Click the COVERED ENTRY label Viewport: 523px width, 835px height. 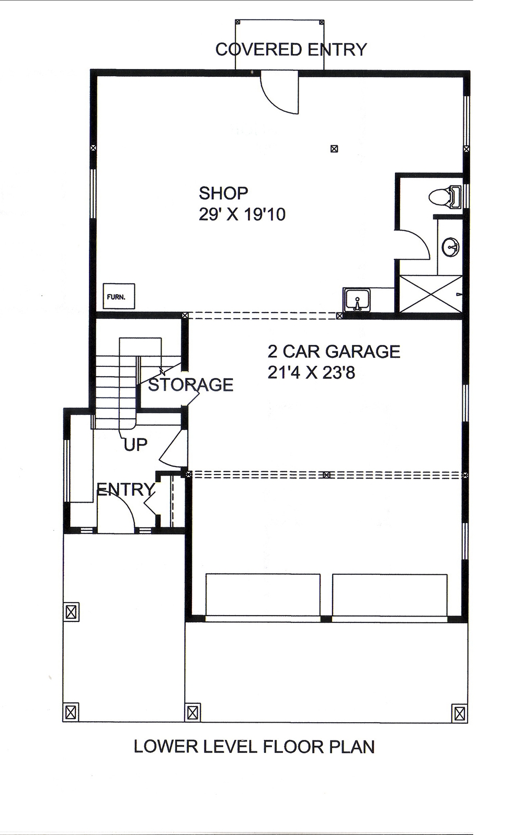(x=291, y=50)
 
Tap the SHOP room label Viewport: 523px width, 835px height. (x=223, y=193)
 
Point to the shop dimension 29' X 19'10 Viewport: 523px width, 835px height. (x=242, y=214)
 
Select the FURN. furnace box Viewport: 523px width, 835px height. (x=119, y=296)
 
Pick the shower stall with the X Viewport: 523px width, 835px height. (x=431, y=294)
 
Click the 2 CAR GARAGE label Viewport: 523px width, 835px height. (x=334, y=351)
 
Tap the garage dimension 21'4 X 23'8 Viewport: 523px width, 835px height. (x=311, y=373)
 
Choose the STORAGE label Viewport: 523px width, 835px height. (x=190, y=385)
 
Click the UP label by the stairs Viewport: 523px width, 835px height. (x=135, y=445)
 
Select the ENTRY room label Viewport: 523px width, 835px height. (x=126, y=490)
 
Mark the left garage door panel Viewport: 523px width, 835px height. (x=263, y=595)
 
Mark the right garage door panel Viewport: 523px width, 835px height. (x=390, y=595)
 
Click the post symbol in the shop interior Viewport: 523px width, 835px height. (x=334, y=149)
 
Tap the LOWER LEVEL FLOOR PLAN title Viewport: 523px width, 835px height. (x=254, y=747)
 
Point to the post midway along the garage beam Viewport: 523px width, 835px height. (x=326, y=475)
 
